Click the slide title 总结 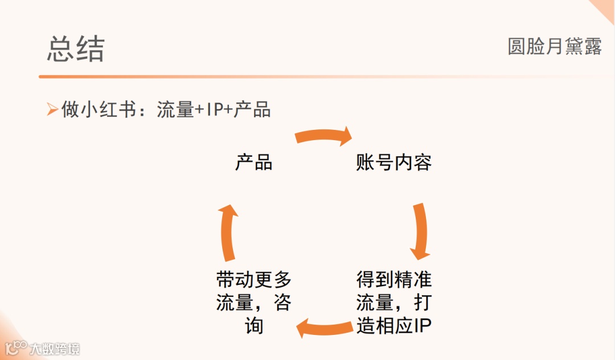click(x=76, y=49)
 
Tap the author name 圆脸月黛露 click(x=554, y=47)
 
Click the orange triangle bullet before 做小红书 click(x=53, y=109)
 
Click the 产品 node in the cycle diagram click(x=254, y=163)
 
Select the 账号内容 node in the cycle click(x=393, y=163)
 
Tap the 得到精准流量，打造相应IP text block click(x=393, y=302)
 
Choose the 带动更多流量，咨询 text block click(x=254, y=302)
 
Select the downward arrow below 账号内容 click(x=420, y=231)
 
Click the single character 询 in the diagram click(x=254, y=326)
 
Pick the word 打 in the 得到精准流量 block click(x=422, y=302)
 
